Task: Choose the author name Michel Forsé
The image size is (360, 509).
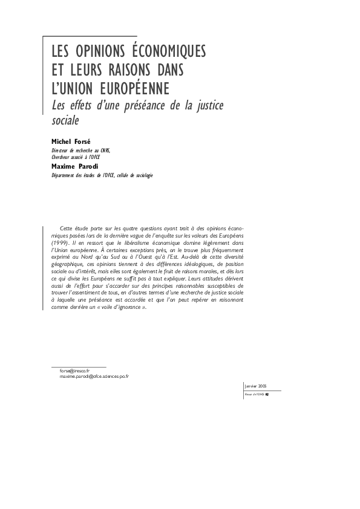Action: (70, 140)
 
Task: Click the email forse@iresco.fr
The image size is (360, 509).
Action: (74, 370)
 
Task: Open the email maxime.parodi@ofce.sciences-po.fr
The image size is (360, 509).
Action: (94, 376)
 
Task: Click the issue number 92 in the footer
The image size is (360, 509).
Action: (267, 394)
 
